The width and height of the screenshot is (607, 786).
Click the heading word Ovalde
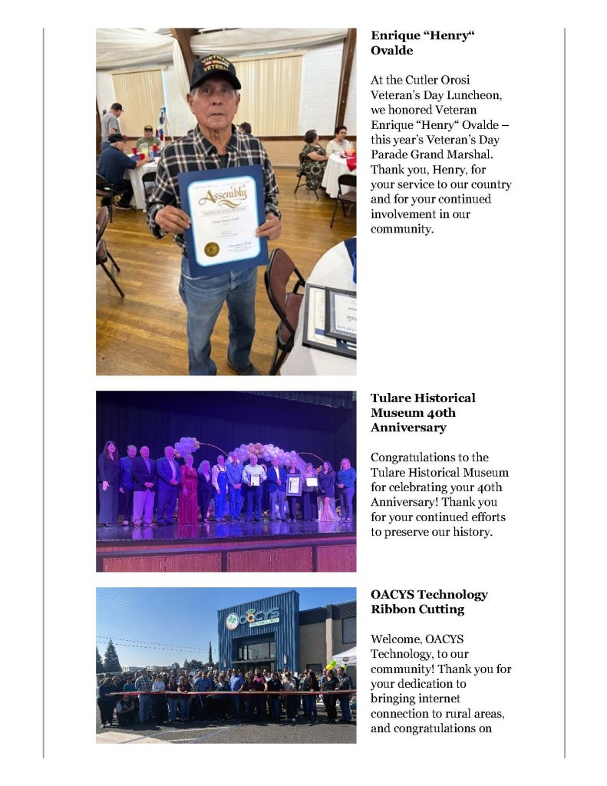pos(392,50)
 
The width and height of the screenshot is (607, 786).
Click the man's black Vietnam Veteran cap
pos(214,71)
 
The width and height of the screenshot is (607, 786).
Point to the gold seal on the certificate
pos(211,249)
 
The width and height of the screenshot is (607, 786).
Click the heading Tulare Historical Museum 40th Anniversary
pos(423,412)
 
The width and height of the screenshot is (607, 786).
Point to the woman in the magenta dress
pos(188,491)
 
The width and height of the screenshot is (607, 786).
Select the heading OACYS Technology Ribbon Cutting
pos(429,602)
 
